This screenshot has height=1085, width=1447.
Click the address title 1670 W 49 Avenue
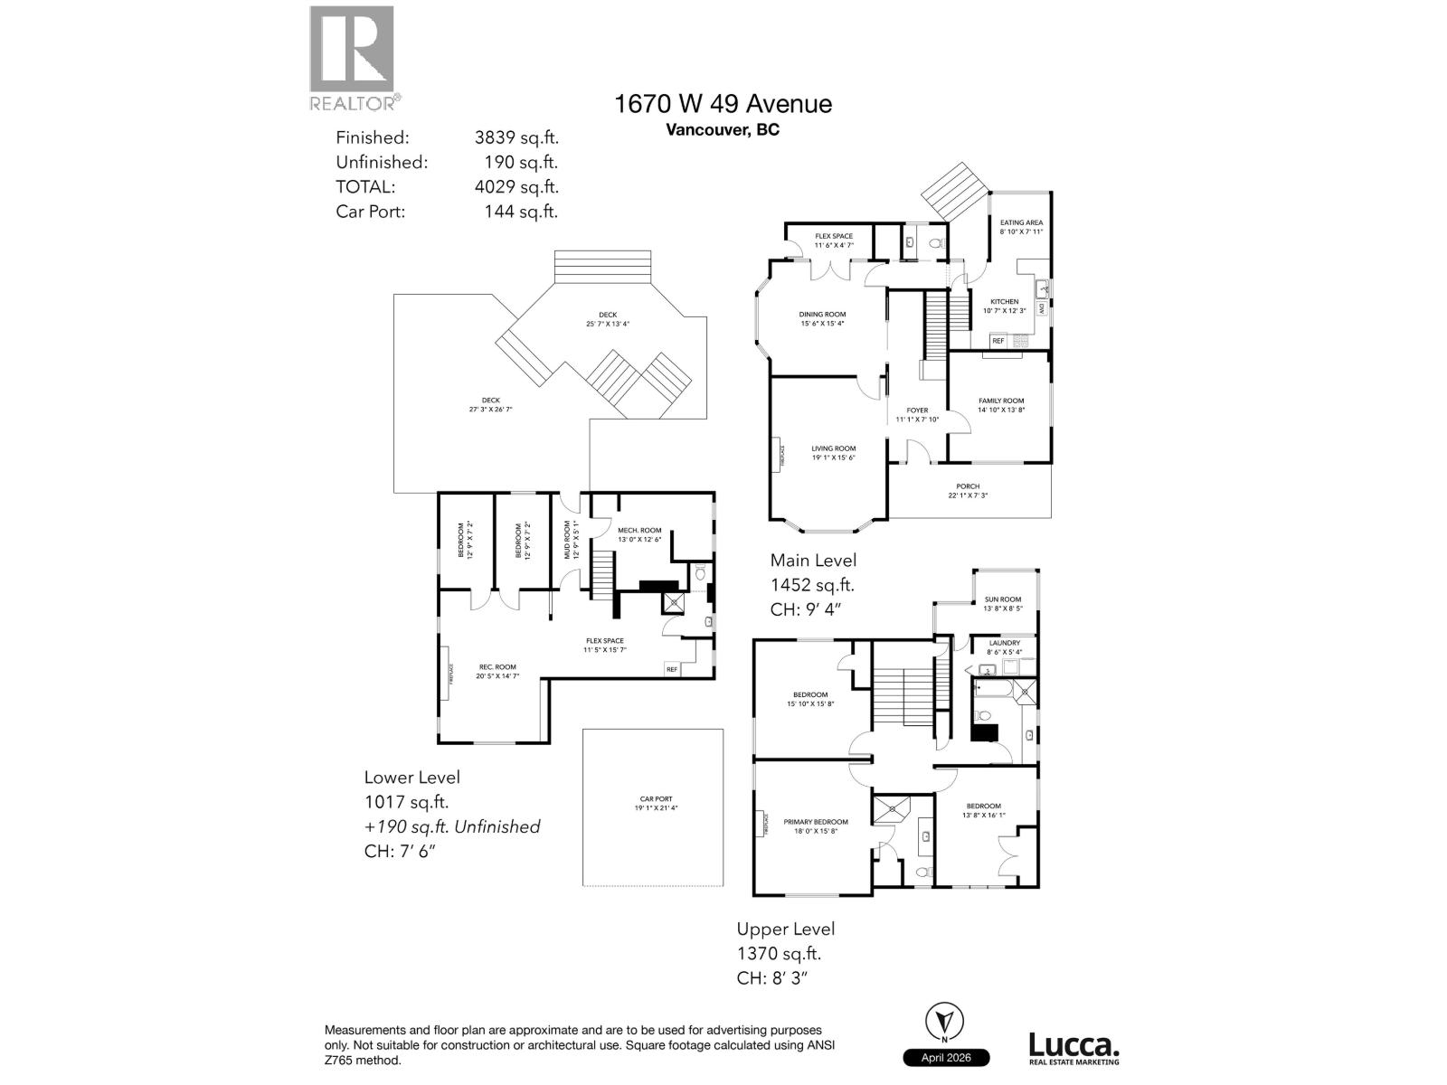pyautogui.click(x=723, y=104)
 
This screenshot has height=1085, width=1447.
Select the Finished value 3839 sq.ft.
pyautogui.click(x=516, y=137)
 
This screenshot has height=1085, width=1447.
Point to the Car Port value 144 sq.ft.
pyautogui.click(x=521, y=212)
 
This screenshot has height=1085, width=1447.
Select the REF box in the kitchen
pyautogui.click(x=998, y=341)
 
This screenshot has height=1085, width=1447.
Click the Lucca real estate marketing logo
pyautogui.click(x=1073, y=1050)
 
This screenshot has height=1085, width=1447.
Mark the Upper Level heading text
pyautogui.click(x=785, y=929)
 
